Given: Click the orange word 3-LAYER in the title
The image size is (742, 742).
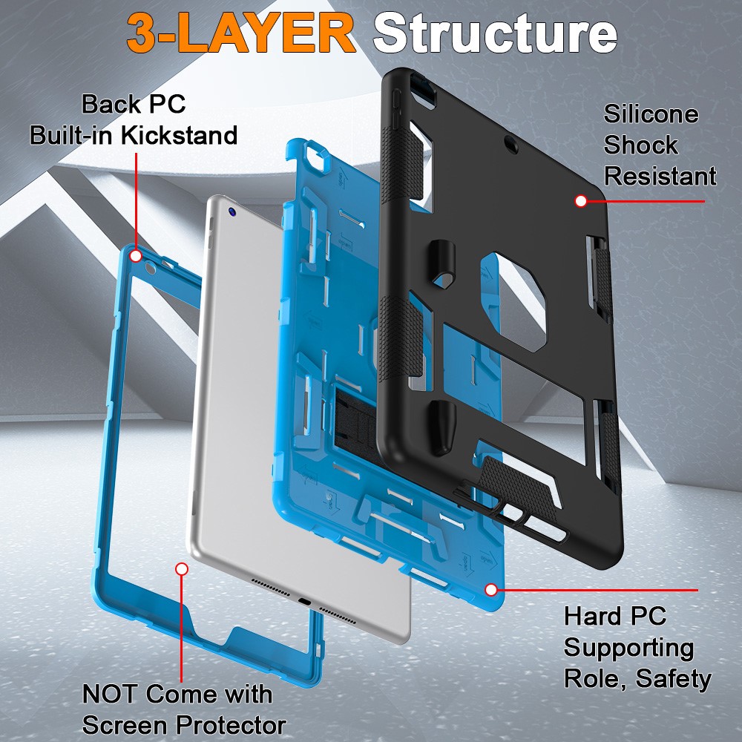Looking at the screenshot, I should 240,33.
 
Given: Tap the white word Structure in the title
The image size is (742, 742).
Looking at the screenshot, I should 494,33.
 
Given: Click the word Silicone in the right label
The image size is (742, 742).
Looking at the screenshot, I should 650,114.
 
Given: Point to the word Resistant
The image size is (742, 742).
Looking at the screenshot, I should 660,177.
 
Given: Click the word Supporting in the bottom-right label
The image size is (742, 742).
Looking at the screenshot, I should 628,648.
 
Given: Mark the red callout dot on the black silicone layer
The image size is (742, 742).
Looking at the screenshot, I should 580,200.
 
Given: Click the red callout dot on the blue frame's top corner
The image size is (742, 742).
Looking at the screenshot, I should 135,256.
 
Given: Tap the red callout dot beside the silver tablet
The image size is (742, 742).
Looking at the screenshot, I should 181,569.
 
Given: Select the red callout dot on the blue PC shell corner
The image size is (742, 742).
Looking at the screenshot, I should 490,589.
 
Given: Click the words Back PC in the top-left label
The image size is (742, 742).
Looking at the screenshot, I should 134,104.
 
